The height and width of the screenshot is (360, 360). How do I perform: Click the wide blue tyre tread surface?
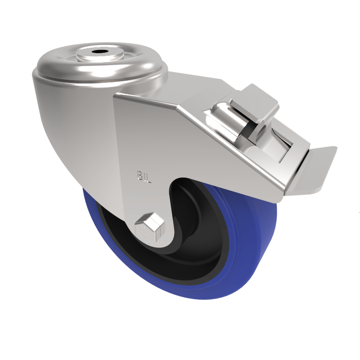[x=261, y=252]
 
